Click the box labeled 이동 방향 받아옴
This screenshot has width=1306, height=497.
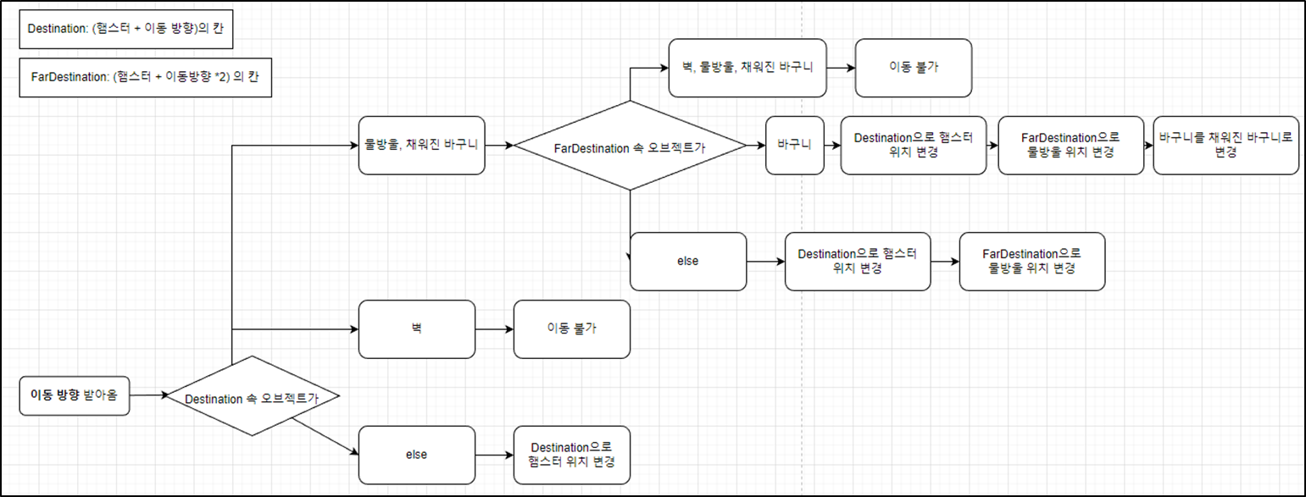[x=75, y=395]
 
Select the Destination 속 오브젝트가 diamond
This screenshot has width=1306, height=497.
[x=251, y=396]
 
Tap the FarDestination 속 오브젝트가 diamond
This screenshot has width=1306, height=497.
[x=631, y=146]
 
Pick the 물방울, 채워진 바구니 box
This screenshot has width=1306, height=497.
[x=421, y=145]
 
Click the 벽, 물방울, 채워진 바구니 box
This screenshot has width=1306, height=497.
[x=747, y=67]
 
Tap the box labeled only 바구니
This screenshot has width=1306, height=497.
[x=794, y=145]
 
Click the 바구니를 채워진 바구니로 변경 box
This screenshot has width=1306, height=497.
[x=1225, y=145]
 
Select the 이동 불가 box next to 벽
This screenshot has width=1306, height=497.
[x=572, y=329]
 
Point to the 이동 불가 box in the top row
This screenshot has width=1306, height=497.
[x=914, y=67]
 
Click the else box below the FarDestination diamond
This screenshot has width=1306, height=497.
[x=688, y=261]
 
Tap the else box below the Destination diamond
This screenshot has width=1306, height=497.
[x=415, y=455]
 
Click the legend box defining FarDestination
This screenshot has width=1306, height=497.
[x=145, y=78]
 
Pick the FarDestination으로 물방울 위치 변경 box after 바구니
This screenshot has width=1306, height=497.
[x=1070, y=145]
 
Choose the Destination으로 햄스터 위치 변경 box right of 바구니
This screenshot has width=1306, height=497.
[x=914, y=145]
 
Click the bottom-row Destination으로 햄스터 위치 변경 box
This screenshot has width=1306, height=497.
[x=572, y=455]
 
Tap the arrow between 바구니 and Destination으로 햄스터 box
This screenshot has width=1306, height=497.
[x=831, y=145]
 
